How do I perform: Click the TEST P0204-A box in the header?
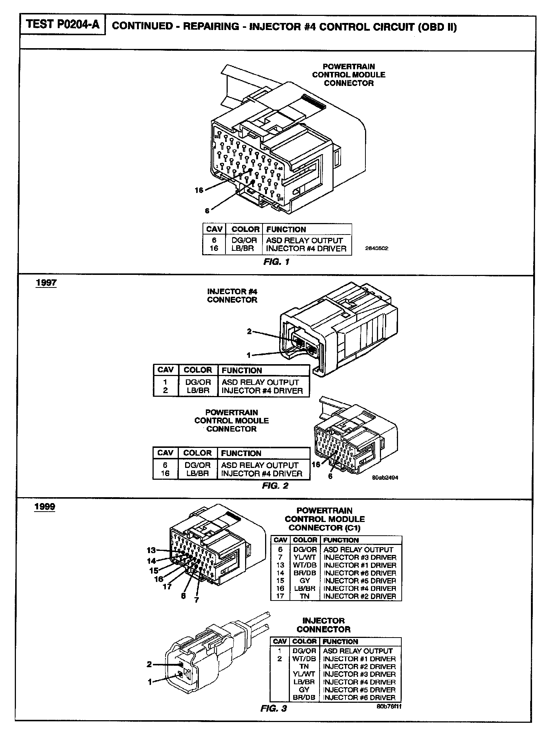(x=63, y=25)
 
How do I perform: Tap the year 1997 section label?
(x=46, y=283)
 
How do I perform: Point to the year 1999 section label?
(x=44, y=506)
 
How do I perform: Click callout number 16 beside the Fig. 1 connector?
(x=199, y=190)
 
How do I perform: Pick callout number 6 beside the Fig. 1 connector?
(x=207, y=211)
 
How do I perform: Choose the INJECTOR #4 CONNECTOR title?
(x=232, y=296)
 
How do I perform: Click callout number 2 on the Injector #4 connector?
(x=250, y=331)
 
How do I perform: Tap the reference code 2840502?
(x=377, y=249)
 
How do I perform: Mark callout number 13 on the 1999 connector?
(x=151, y=551)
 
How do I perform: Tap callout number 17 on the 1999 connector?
(x=167, y=586)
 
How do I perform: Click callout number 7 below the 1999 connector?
(x=197, y=600)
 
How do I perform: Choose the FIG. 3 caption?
(x=274, y=709)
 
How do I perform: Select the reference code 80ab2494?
(x=385, y=478)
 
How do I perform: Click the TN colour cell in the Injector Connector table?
(x=304, y=666)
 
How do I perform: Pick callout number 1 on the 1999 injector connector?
(x=150, y=682)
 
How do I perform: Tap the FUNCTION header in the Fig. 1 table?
(x=286, y=229)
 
